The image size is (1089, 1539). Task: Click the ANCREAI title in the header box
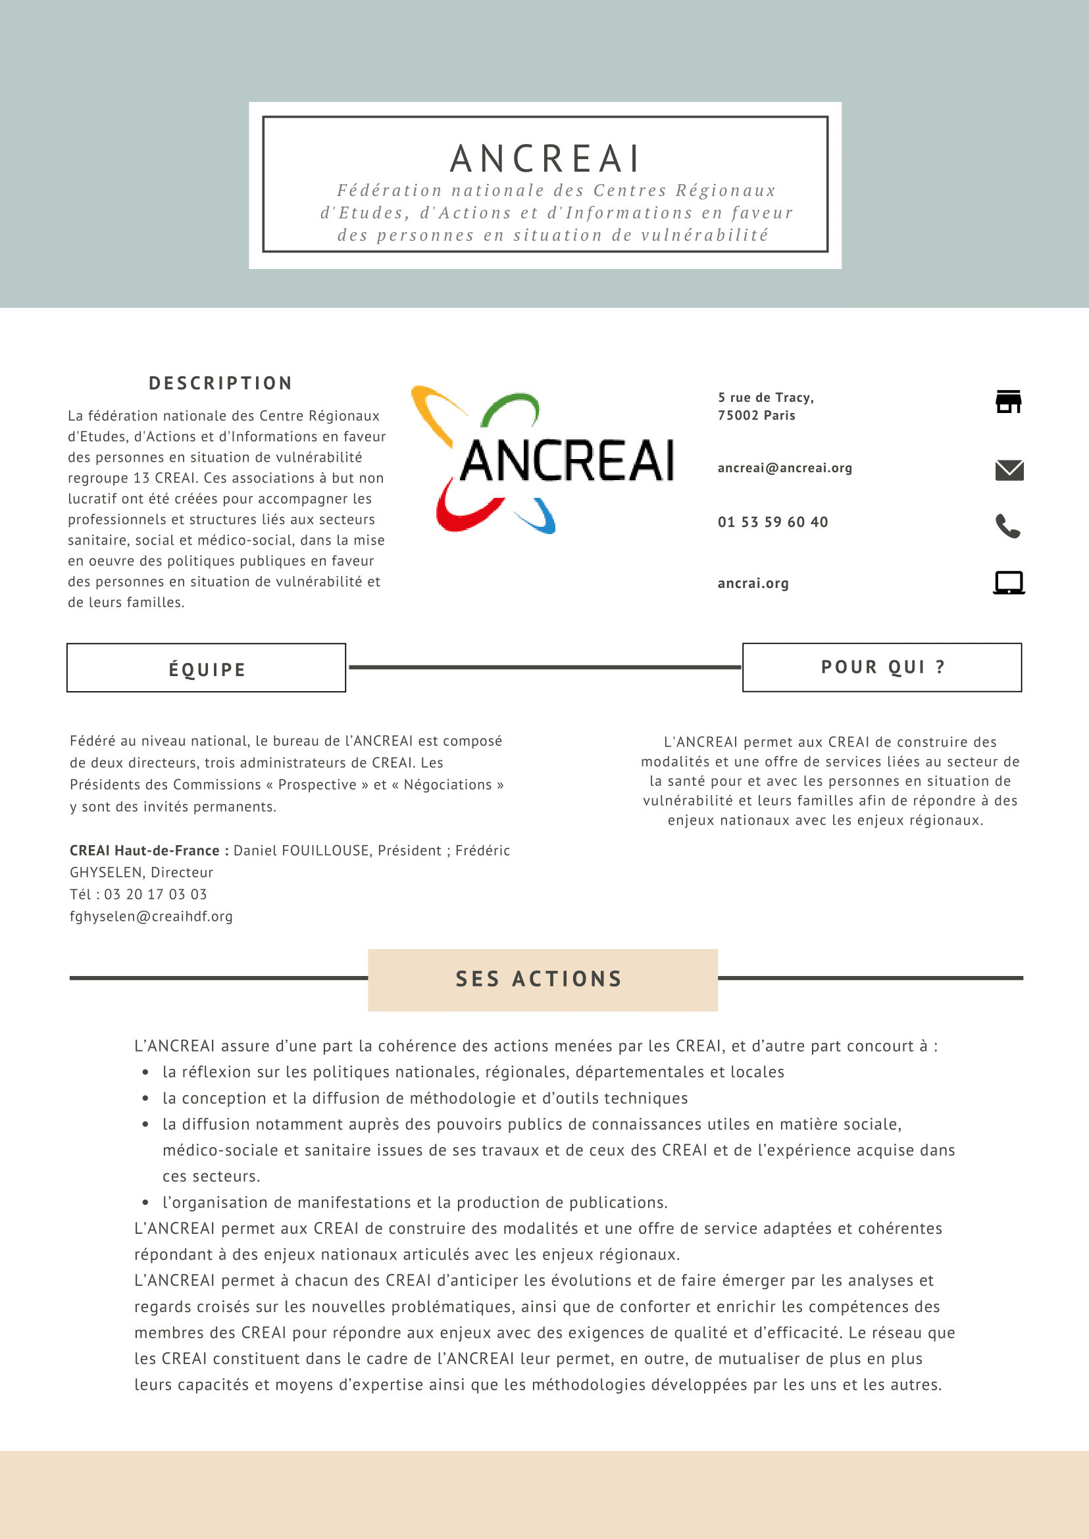(545, 159)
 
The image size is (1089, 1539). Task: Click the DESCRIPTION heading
(220, 383)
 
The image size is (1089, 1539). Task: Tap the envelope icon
(1009, 470)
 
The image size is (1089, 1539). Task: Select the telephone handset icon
(1008, 526)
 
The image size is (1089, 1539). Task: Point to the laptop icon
(1009, 583)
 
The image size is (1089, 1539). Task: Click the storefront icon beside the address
(1008, 401)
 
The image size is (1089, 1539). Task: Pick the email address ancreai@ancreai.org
(784, 468)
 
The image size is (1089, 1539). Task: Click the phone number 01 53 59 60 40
(772, 522)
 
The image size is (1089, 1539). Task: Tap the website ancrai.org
(753, 583)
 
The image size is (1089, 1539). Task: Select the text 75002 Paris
(757, 416)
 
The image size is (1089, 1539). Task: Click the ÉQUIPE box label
(207, 670)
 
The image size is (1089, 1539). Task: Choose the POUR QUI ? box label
(882, 667)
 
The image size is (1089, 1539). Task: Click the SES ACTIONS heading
(539, 979)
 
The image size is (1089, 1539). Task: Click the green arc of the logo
(511, 406)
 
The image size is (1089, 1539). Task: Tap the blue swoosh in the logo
(540, 518)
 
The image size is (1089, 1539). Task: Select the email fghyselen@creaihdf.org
(151, 916)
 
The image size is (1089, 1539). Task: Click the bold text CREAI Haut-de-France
(145, 850)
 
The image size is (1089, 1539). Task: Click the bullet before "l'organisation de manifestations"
(145, 1202)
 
